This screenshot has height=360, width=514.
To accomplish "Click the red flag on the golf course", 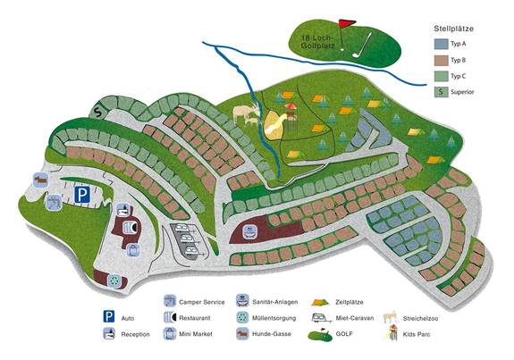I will (x=348, y=23).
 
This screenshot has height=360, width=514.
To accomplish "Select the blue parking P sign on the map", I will (x=81, y=194).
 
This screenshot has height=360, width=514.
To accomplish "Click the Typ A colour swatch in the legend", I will (x=440, y=43).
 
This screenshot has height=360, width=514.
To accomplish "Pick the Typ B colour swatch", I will (x=440, y=59).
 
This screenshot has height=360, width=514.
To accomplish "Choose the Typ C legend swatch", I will (x=440, y=75).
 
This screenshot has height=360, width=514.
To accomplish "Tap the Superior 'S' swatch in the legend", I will (x=440, y=91).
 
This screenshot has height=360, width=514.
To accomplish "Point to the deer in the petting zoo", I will (x=242, y=114).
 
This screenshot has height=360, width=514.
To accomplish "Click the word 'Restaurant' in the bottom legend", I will (x=195, y=317).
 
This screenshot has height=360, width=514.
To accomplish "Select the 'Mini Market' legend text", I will (x=196, y=334).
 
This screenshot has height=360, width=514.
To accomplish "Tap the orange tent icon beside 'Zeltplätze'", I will (x=318, y=302).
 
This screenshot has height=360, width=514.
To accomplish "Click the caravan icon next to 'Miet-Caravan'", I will (x=318, y=318).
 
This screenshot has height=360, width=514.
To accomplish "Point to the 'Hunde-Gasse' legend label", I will (x=272, y=334).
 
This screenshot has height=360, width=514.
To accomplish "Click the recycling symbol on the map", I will (x=114, y=280).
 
